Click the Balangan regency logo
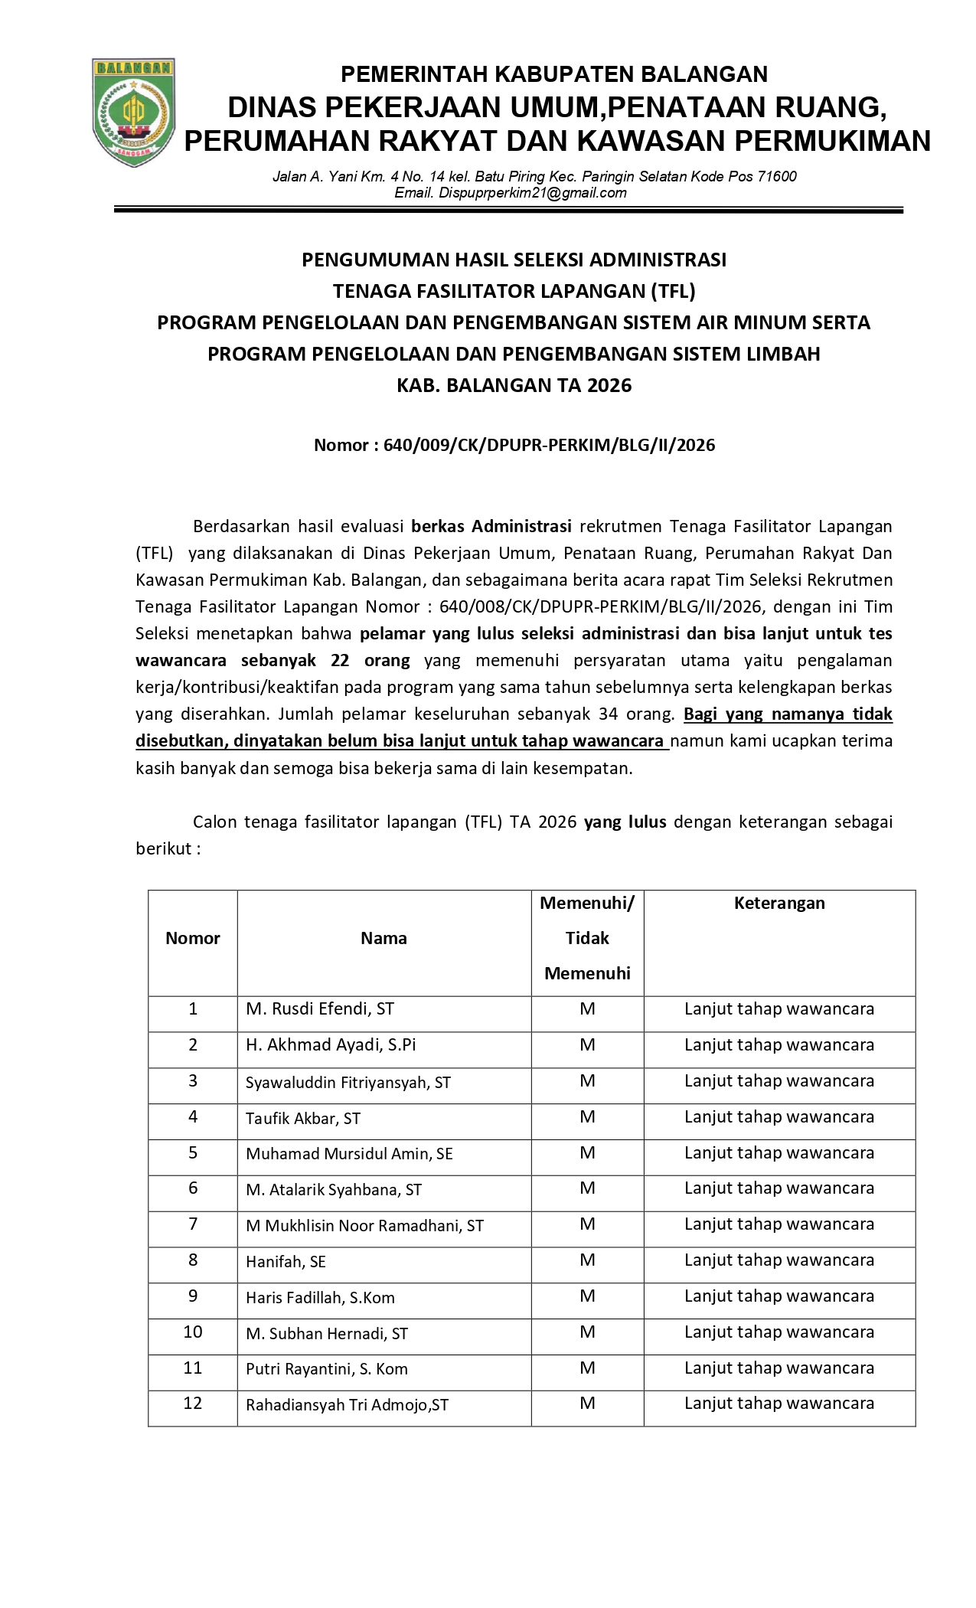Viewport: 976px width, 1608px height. [133, 113]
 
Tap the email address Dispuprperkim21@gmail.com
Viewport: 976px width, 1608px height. [510, 193]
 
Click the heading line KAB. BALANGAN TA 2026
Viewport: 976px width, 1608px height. [514, 385]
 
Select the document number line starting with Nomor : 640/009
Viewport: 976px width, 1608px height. [514, 446]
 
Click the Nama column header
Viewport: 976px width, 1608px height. [384, 938]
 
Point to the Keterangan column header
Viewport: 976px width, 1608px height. [779, 903]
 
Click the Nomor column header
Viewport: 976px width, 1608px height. [193, 938]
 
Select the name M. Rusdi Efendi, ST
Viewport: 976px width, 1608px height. [320, 1008]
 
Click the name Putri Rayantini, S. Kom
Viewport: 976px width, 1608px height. [326, 1369]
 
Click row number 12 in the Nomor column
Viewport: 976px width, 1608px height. [193, 1403]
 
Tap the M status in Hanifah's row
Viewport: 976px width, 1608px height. [587, 1260]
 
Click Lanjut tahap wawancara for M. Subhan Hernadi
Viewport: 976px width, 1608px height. [779, 1332]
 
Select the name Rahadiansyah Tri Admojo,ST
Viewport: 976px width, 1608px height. [347, 1405]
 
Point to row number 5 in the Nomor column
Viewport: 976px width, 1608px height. [193, 1152]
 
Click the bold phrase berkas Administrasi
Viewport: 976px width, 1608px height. [491, 526]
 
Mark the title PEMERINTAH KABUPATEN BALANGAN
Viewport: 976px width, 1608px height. [553, 74]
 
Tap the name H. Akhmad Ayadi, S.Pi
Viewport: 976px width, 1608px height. [331, 1044]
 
